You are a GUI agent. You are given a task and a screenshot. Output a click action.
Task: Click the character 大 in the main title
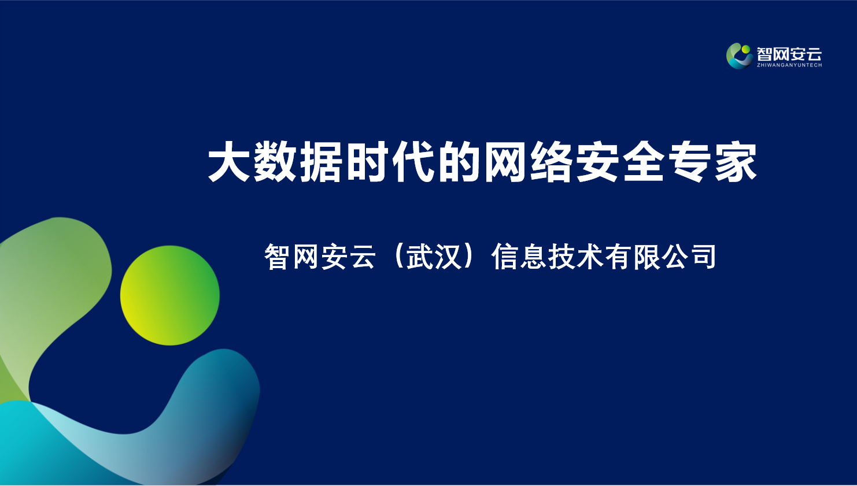pyautogui.click(x=229, y=161)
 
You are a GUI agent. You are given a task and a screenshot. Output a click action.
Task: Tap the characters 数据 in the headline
pyautogui.click(x=297, y=161)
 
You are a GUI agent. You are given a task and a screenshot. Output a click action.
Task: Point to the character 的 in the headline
pyautogui.click(x=459, y=161)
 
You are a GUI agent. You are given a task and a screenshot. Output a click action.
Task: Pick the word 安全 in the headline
pyautogui.click(x=620, y=161)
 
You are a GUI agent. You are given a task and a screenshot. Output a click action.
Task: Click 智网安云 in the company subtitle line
pyautogui.click(x=319, y=257)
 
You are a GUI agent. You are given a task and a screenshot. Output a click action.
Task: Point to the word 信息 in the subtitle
pyautogui.click(x=519, y=257)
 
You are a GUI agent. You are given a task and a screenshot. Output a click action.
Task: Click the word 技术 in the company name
pyautogui.click(x=575, y=257)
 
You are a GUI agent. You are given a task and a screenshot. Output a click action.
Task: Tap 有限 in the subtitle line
pyautogui.click(x=632, y=257)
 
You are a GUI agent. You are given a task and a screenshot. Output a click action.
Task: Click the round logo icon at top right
pyautogui.click(x=740, y=56)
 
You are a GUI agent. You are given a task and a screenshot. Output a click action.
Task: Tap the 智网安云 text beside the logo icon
pyautogui.click(x=789, y=54)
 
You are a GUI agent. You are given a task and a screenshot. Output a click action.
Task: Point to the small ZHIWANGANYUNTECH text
pyautogui.click(x=789, y=65)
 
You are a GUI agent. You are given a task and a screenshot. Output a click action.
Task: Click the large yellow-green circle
pyautogui.click(x=170, y=295)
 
